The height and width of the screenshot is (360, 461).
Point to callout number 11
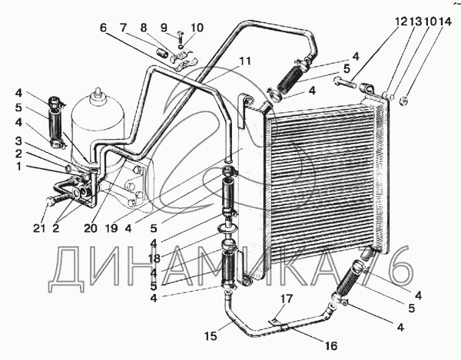click(245, 61)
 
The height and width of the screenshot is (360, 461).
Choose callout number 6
click(102, 28)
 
